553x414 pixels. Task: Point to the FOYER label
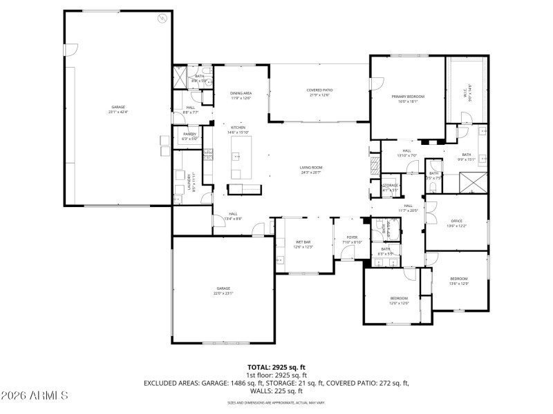(353, 239)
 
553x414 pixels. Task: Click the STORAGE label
(391, 187)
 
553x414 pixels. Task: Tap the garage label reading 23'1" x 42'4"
(119, 109)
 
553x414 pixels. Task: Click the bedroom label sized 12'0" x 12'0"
(399, 300)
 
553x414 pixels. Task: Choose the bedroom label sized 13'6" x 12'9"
(459, 280)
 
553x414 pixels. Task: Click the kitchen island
(242, 156)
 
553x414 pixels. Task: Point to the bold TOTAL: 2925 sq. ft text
(276, 367)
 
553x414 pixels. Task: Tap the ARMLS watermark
(35, 396)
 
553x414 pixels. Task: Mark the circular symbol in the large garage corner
(163, 19)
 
